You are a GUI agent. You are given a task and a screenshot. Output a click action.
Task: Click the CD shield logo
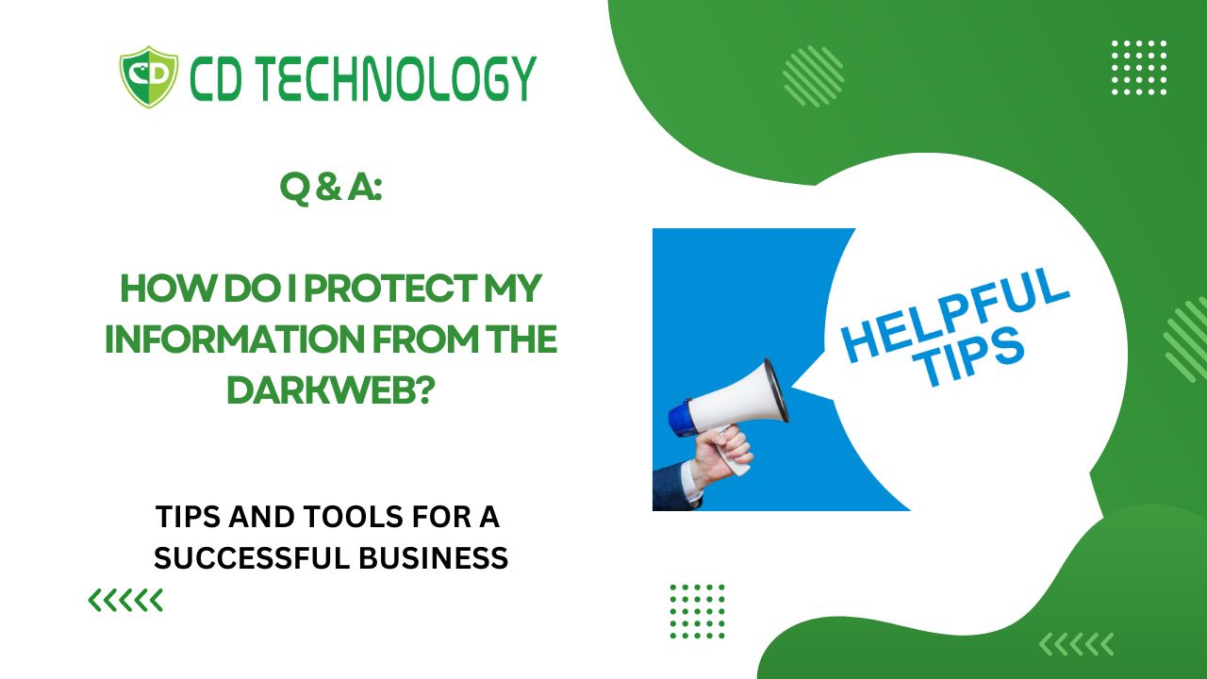tap(149, 76)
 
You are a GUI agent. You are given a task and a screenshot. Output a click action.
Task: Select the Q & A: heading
tap(331, 188)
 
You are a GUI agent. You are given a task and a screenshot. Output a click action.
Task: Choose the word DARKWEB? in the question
tap(331, 389)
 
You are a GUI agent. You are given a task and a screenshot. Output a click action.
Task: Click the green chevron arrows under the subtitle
tap(125, 601)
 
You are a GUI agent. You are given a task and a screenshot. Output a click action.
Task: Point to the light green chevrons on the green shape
tap(1076, 644)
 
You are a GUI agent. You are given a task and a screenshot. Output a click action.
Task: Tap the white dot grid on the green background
tap(1139, 67)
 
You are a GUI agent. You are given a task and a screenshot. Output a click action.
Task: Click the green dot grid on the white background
tap(697, 611)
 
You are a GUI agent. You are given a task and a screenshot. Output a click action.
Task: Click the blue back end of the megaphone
tap(681, 417)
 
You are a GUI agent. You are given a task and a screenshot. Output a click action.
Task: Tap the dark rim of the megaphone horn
tap(777, 390)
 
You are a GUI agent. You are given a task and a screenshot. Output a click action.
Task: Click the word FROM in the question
tap(425, 339)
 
